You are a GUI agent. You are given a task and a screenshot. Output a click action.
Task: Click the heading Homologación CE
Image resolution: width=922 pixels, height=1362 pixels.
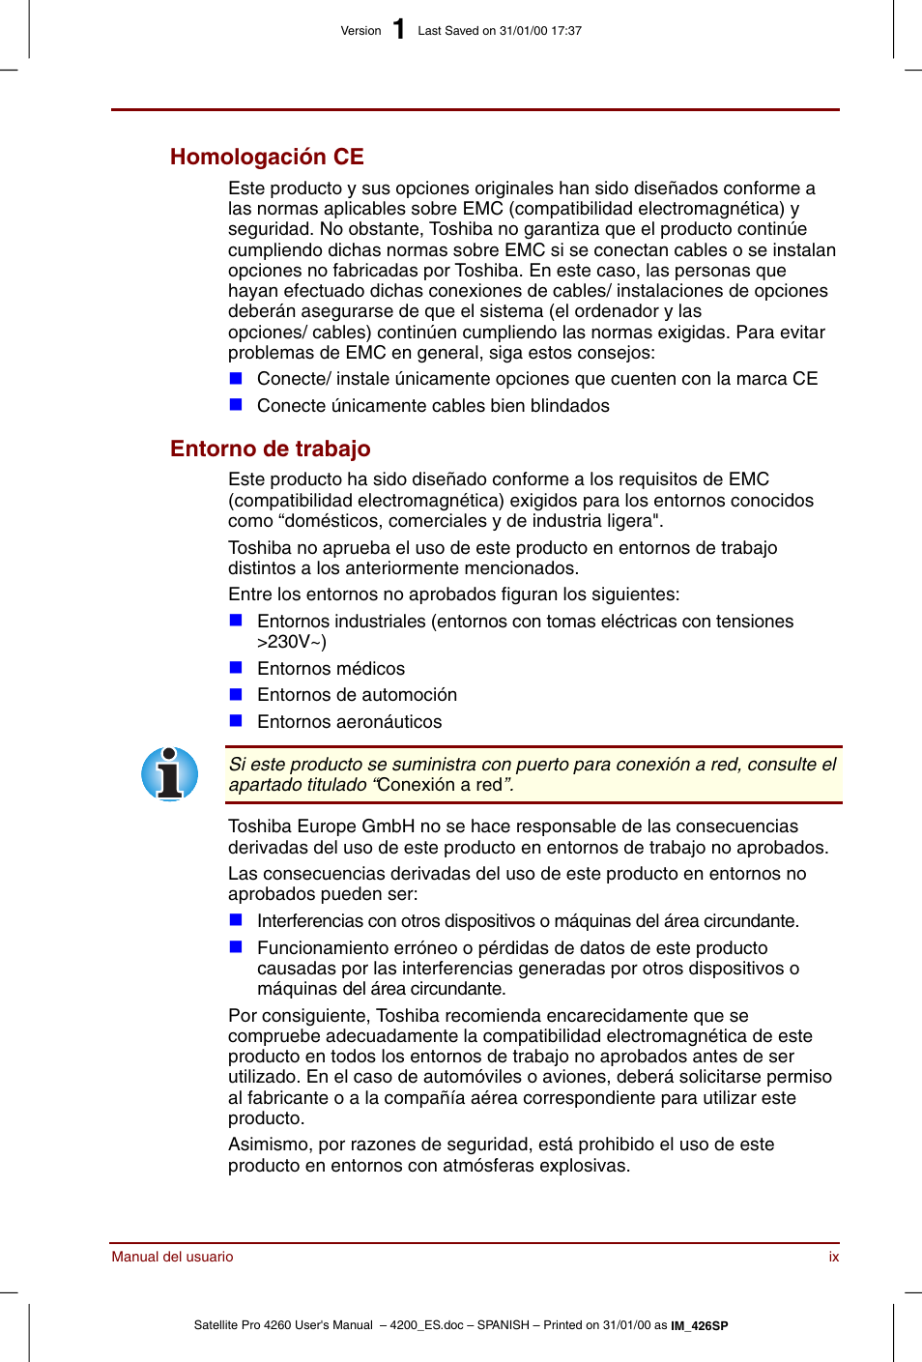[x=267, y=157]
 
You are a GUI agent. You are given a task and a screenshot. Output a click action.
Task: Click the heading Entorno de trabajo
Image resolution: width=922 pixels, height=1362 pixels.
[x=270, y=449]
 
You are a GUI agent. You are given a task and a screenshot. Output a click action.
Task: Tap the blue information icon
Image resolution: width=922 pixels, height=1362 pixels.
[x=170, y=774]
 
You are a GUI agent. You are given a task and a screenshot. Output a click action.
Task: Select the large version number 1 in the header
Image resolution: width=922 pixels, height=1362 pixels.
[x=399, y=30]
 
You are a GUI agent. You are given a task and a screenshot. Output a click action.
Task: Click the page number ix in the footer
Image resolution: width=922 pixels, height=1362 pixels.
[x=833, y=1257]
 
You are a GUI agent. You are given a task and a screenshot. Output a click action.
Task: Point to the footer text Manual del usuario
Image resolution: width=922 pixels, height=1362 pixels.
[x=172, y=1257]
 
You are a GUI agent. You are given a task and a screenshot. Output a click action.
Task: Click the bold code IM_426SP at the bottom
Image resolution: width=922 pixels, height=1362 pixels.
[x=700, y=1326]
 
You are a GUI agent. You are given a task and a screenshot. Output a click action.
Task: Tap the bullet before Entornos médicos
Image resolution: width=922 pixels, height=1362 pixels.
[x=236, y=668]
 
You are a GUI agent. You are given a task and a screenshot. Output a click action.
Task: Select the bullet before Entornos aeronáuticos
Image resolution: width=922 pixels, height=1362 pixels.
[x=236, y=721]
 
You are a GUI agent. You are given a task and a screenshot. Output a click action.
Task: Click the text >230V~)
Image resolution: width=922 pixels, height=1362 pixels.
[x=292, y=642]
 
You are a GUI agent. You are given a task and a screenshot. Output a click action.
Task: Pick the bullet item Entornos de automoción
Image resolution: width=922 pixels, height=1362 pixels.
[x=357, y=695]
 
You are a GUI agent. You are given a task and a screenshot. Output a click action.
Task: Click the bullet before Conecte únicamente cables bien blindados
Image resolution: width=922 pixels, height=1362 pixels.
[x=236, y=405]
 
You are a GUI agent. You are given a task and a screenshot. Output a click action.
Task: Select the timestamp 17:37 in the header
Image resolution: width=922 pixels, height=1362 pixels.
[x=566, y=31]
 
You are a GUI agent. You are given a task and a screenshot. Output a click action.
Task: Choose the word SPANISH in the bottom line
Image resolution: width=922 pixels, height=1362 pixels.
[x=503, y=1325]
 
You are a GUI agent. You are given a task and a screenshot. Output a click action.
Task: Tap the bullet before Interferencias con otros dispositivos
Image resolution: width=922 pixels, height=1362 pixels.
[x=236, y=920]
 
